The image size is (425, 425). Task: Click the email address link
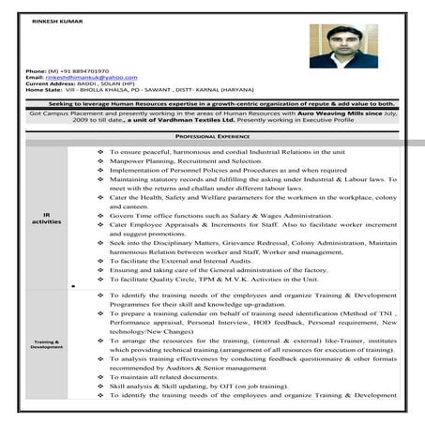[x=89, y=76]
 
